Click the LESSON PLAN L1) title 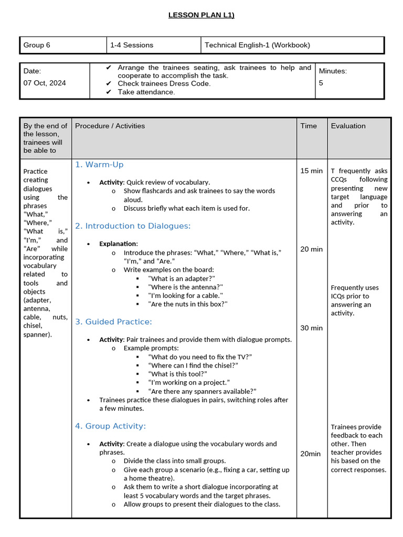(201, 15)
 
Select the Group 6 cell (37, 45)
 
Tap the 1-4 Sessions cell (132, 45)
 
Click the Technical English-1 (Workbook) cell (257, 45)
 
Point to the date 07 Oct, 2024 (45, 83)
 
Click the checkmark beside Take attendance (109, 92)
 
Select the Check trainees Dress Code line (164, 83)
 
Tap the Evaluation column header (348, 126)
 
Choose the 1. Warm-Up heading (99, 165)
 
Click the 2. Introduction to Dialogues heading (133, 226)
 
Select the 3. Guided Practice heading (113, 321)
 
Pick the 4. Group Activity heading (110, 426)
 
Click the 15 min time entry (311, 171)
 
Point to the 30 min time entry (311, 328)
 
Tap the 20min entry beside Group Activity (310, 454)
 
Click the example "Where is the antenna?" (186, 287)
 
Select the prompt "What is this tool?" (178, 374)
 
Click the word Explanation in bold (119, 244)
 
